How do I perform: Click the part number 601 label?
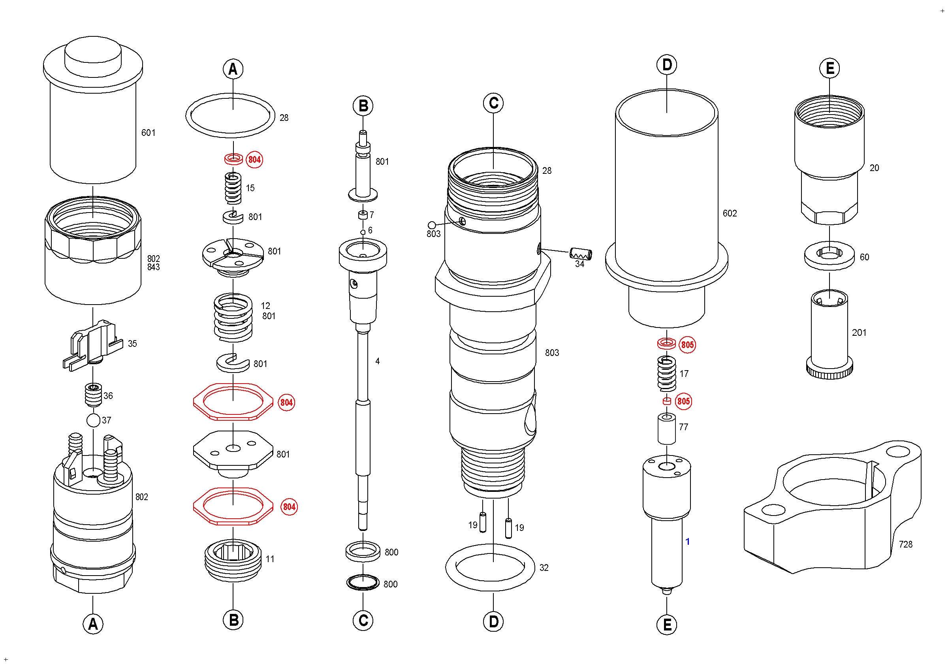[148, 133]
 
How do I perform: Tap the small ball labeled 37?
[94, 420]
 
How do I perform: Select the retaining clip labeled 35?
[93, 345]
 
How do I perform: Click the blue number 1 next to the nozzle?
[687, 542]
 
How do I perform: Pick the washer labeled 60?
[829, 256]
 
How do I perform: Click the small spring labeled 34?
[581, 254]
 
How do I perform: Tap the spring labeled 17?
[666, 374]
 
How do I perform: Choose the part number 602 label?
[730, 213]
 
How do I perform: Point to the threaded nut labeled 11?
[233, 561]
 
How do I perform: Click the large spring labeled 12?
[233, 317]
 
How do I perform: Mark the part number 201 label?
[859, 333]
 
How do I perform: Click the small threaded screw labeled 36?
[93, 395]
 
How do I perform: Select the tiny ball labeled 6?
[363, 232]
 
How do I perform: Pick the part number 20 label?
[874, 168]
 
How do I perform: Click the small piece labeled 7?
[363, 215]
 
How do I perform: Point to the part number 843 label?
[154, 267]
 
